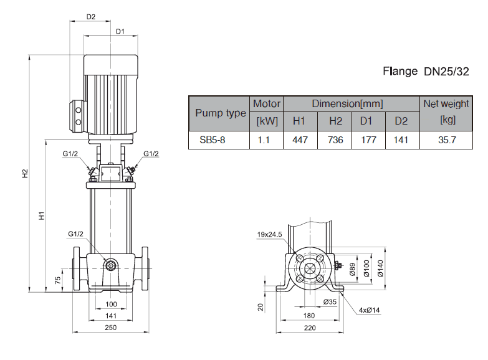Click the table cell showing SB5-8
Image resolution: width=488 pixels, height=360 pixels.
coord(212,140)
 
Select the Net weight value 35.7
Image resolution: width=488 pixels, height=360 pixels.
coord(447,140)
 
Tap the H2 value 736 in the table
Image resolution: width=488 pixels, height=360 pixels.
coord(335,140)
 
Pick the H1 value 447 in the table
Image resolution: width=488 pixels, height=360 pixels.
coord(300,140)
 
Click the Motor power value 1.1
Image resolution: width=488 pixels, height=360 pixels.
coord(264,140)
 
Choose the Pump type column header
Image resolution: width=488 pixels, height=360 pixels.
coord(220,113)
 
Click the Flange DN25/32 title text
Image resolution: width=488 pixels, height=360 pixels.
coord(425,72)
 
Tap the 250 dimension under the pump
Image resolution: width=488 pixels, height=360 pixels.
coord(111,328)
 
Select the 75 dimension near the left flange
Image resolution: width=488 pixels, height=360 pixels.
coord(57,279)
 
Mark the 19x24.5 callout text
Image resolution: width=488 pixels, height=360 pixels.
coord(269,234)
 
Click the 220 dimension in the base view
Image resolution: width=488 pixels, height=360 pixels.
coord(309,328)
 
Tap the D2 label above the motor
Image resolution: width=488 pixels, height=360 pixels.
coord(90,17)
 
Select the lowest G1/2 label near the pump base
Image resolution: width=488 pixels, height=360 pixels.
coord(75,234)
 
